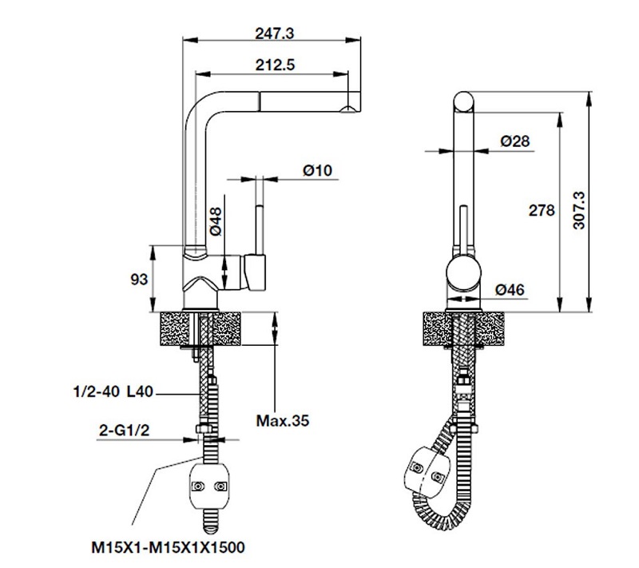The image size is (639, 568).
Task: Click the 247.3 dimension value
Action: coord(274,34)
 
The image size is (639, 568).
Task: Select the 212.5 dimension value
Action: coord(275,66)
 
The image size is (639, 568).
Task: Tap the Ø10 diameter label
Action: coord(318,170)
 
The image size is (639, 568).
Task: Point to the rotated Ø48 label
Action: coord(216,221)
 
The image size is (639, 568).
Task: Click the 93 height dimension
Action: coord(139,280)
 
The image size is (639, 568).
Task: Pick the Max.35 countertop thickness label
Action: coord(283,420)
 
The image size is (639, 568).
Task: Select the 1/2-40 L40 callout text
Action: coord(113,392)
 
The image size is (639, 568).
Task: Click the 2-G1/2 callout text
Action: coord(125,431)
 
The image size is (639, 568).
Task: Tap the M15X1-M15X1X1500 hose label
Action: coord(168,547)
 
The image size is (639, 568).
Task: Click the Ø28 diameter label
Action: coord(515,141)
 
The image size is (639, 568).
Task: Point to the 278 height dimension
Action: coord(542,210)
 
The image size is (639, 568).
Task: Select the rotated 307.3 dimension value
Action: coord(579,210)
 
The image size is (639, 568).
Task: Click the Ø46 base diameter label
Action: coord(510,290)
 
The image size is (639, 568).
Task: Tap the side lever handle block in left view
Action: coord(255,272)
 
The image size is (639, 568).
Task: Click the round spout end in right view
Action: coord(464,102)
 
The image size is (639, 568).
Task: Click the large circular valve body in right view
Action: coord(464,274)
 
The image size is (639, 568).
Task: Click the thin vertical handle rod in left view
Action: coord(259,230)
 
